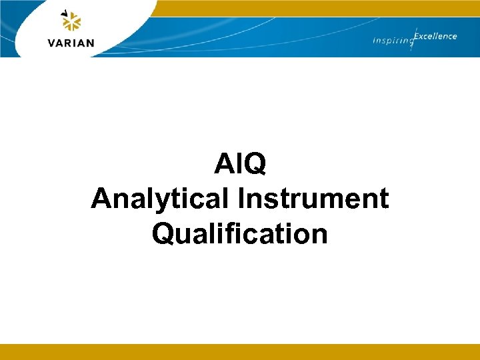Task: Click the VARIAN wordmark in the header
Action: (71, 43)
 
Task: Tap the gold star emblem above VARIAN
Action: (71, 21)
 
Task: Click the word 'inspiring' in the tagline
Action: (392, 41)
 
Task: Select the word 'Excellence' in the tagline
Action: (435, 36)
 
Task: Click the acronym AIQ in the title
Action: (240, 164)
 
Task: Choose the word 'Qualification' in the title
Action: (240, 234)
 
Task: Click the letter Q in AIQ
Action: (255, 164)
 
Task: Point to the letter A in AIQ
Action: (224, 164)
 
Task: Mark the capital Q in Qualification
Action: (163, 234)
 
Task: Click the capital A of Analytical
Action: (101, 199)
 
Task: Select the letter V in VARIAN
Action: (53, 43)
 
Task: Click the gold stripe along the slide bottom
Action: (240, 352)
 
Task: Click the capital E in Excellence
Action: (417, 36)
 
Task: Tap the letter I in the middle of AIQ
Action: (239, 164)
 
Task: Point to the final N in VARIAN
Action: (89, 43)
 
